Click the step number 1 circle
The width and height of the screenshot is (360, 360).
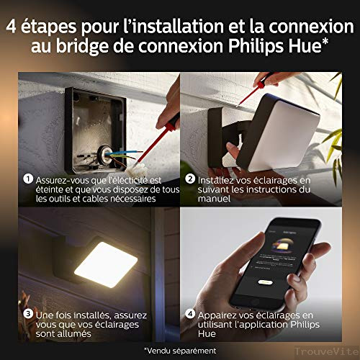pos(27,178)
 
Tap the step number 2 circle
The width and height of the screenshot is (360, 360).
pos(189,178)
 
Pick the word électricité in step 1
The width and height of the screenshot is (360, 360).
pos(141,179)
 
